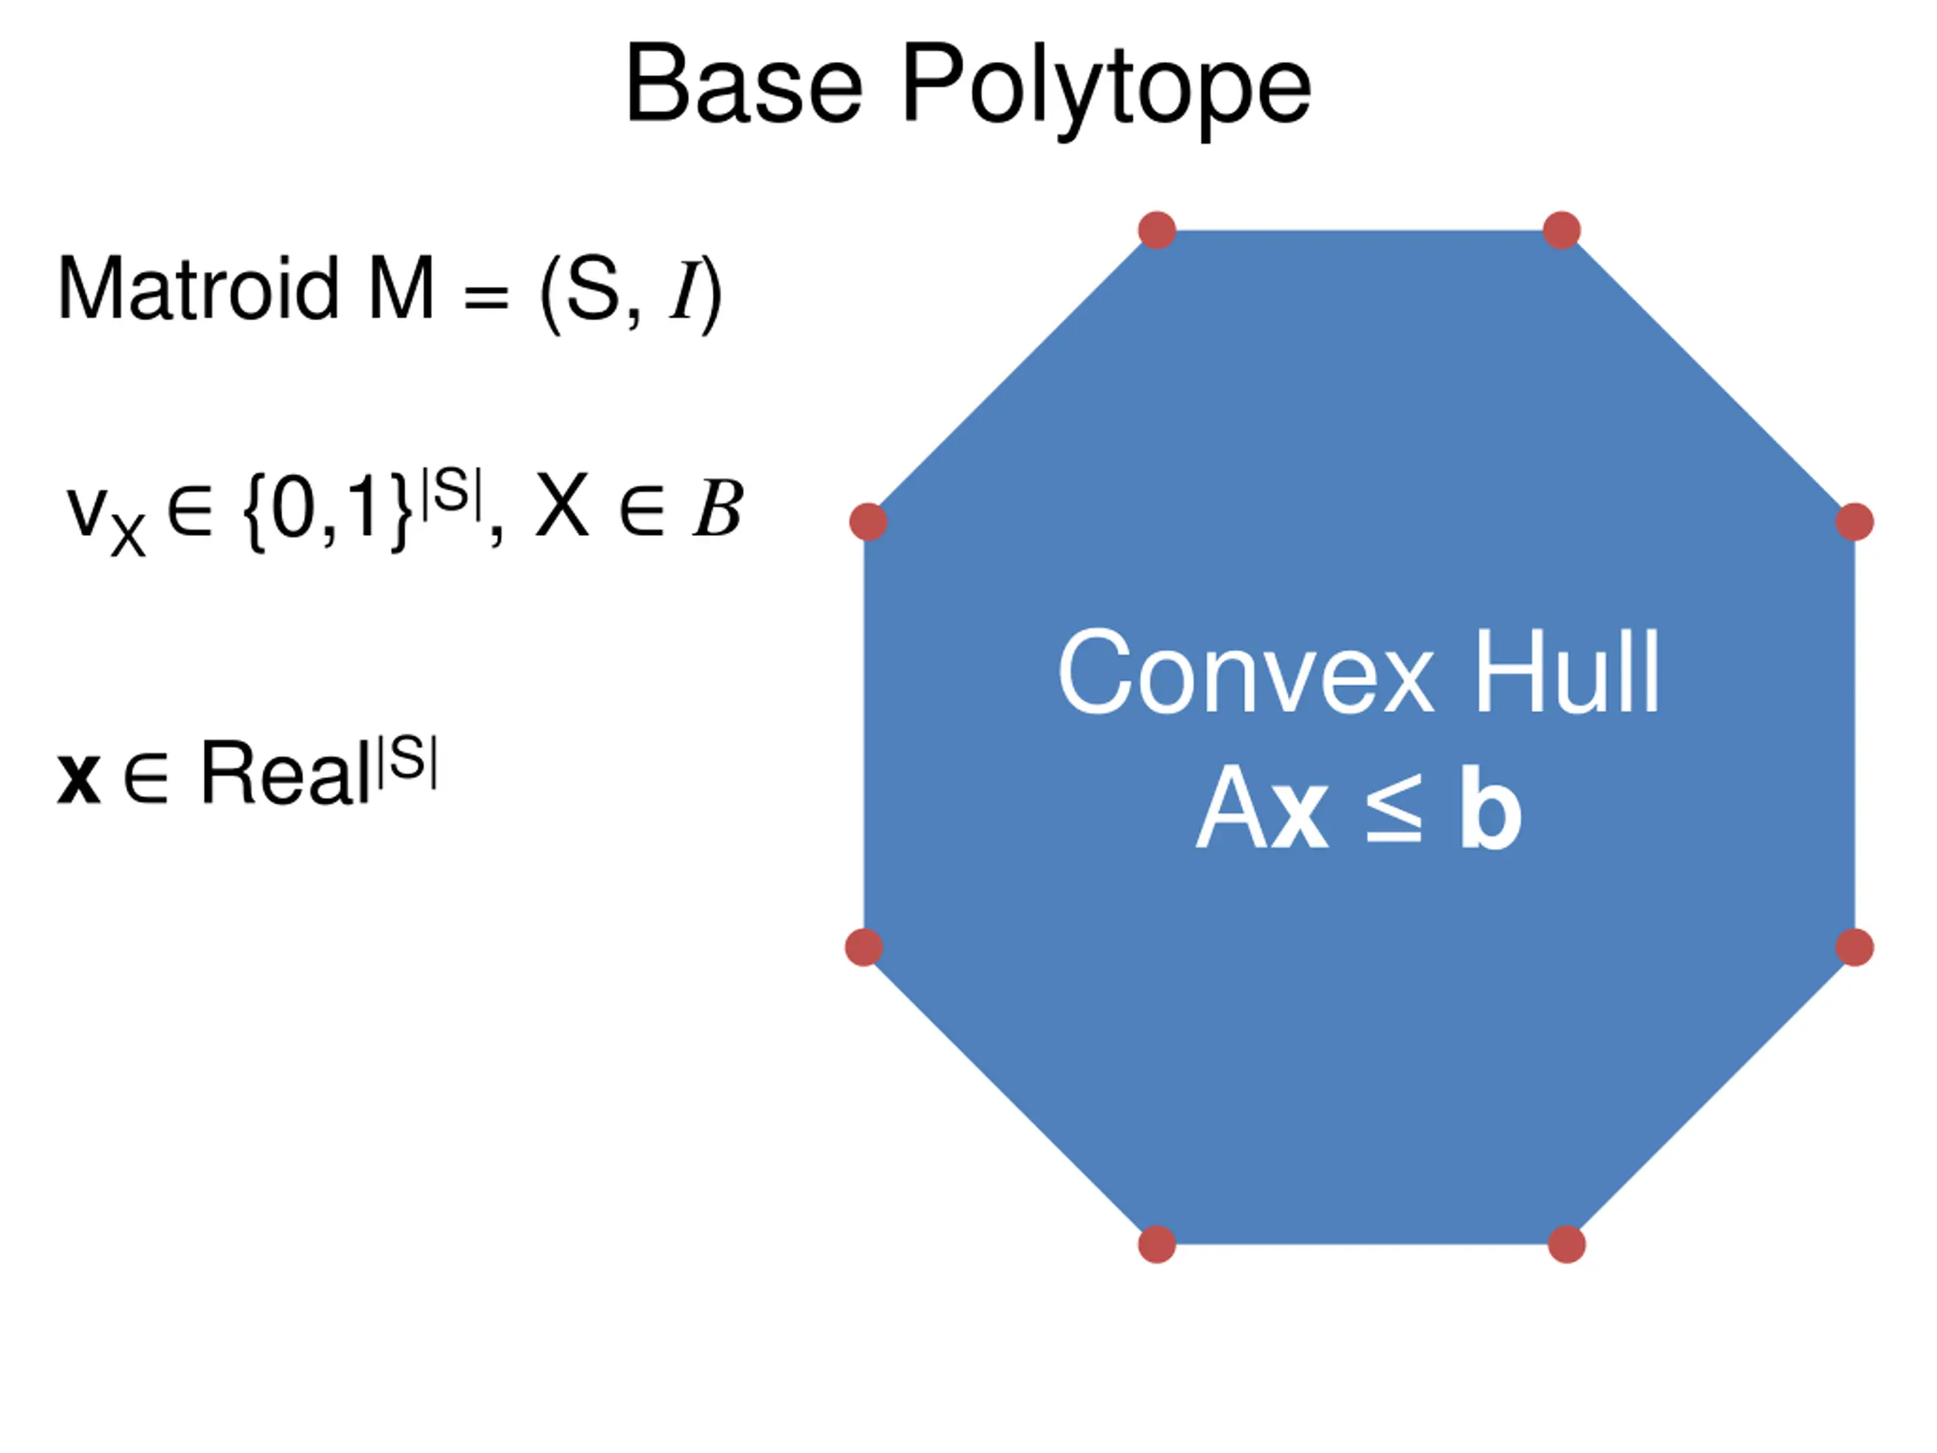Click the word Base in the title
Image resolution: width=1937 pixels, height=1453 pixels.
[x=744, y=86]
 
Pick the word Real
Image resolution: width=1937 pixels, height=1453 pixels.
[x=285, y=773]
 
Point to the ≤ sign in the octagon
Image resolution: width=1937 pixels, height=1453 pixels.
[x=1393, y=811]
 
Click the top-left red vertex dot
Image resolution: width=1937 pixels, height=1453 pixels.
[x=1157, y=230]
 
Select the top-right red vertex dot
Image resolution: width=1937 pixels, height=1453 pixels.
[x=1562, y=230]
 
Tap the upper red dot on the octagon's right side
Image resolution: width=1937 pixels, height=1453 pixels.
[x=1855, y=522]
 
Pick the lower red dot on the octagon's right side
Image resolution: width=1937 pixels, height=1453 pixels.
[x=1855, y=947]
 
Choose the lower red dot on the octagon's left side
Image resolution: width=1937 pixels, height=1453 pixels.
[x=864, y=947]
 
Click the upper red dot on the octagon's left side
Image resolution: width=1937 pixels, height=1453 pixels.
[x=869, y=522]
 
